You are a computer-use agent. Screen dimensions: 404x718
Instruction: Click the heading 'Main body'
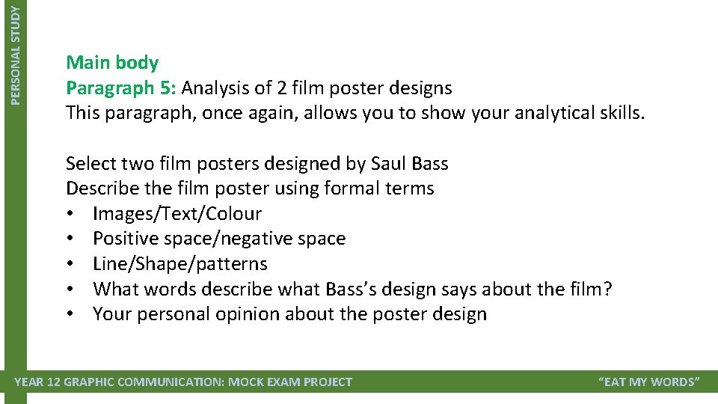(112, 62)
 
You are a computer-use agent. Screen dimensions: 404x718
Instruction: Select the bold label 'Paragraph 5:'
(121, 88)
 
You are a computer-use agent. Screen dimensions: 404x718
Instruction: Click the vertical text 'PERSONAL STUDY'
(17, 52)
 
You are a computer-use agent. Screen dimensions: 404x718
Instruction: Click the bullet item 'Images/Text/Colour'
(177, 214)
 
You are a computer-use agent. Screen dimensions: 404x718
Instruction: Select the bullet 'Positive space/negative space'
(219, 239)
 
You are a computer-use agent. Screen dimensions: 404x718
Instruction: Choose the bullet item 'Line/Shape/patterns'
(180, 264)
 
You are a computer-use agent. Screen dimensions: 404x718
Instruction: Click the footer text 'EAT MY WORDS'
(649, 382)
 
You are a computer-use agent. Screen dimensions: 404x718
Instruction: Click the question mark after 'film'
(607, 289)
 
